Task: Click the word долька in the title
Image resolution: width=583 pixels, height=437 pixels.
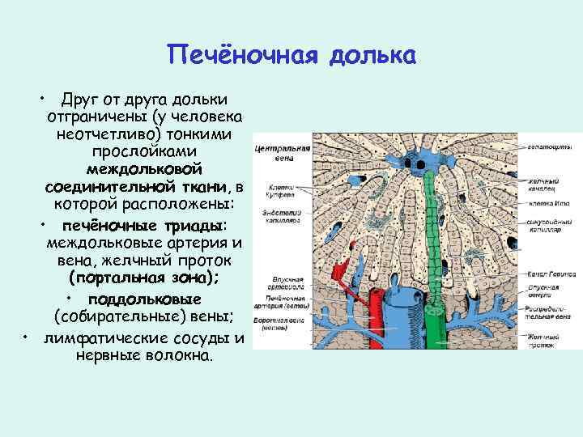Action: tap(372, 57)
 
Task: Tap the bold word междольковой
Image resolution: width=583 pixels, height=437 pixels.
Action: tap(150, 169)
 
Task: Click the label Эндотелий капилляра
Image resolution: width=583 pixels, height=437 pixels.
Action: tap(277, 215)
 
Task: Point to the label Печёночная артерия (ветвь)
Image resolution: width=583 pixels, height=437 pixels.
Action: tap(278, 302)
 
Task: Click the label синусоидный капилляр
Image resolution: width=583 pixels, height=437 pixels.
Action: tap(545, 223)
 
